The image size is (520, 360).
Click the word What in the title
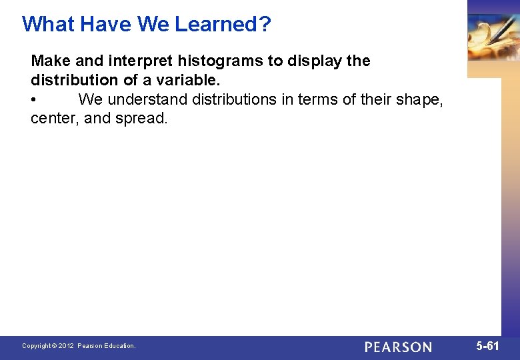pyautogui.click(x=47, y=24)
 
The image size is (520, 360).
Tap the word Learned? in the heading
pyautogui.click(x=223, y=24)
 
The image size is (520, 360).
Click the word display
pyautogui.click(x=313, y=61)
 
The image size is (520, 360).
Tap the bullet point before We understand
pyautogui.click(x=34, y=100)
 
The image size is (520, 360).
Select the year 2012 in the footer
pyautogui.click(x=66, y=346)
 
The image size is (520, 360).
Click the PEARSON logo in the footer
pyautogui.click(x=398, y=347)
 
